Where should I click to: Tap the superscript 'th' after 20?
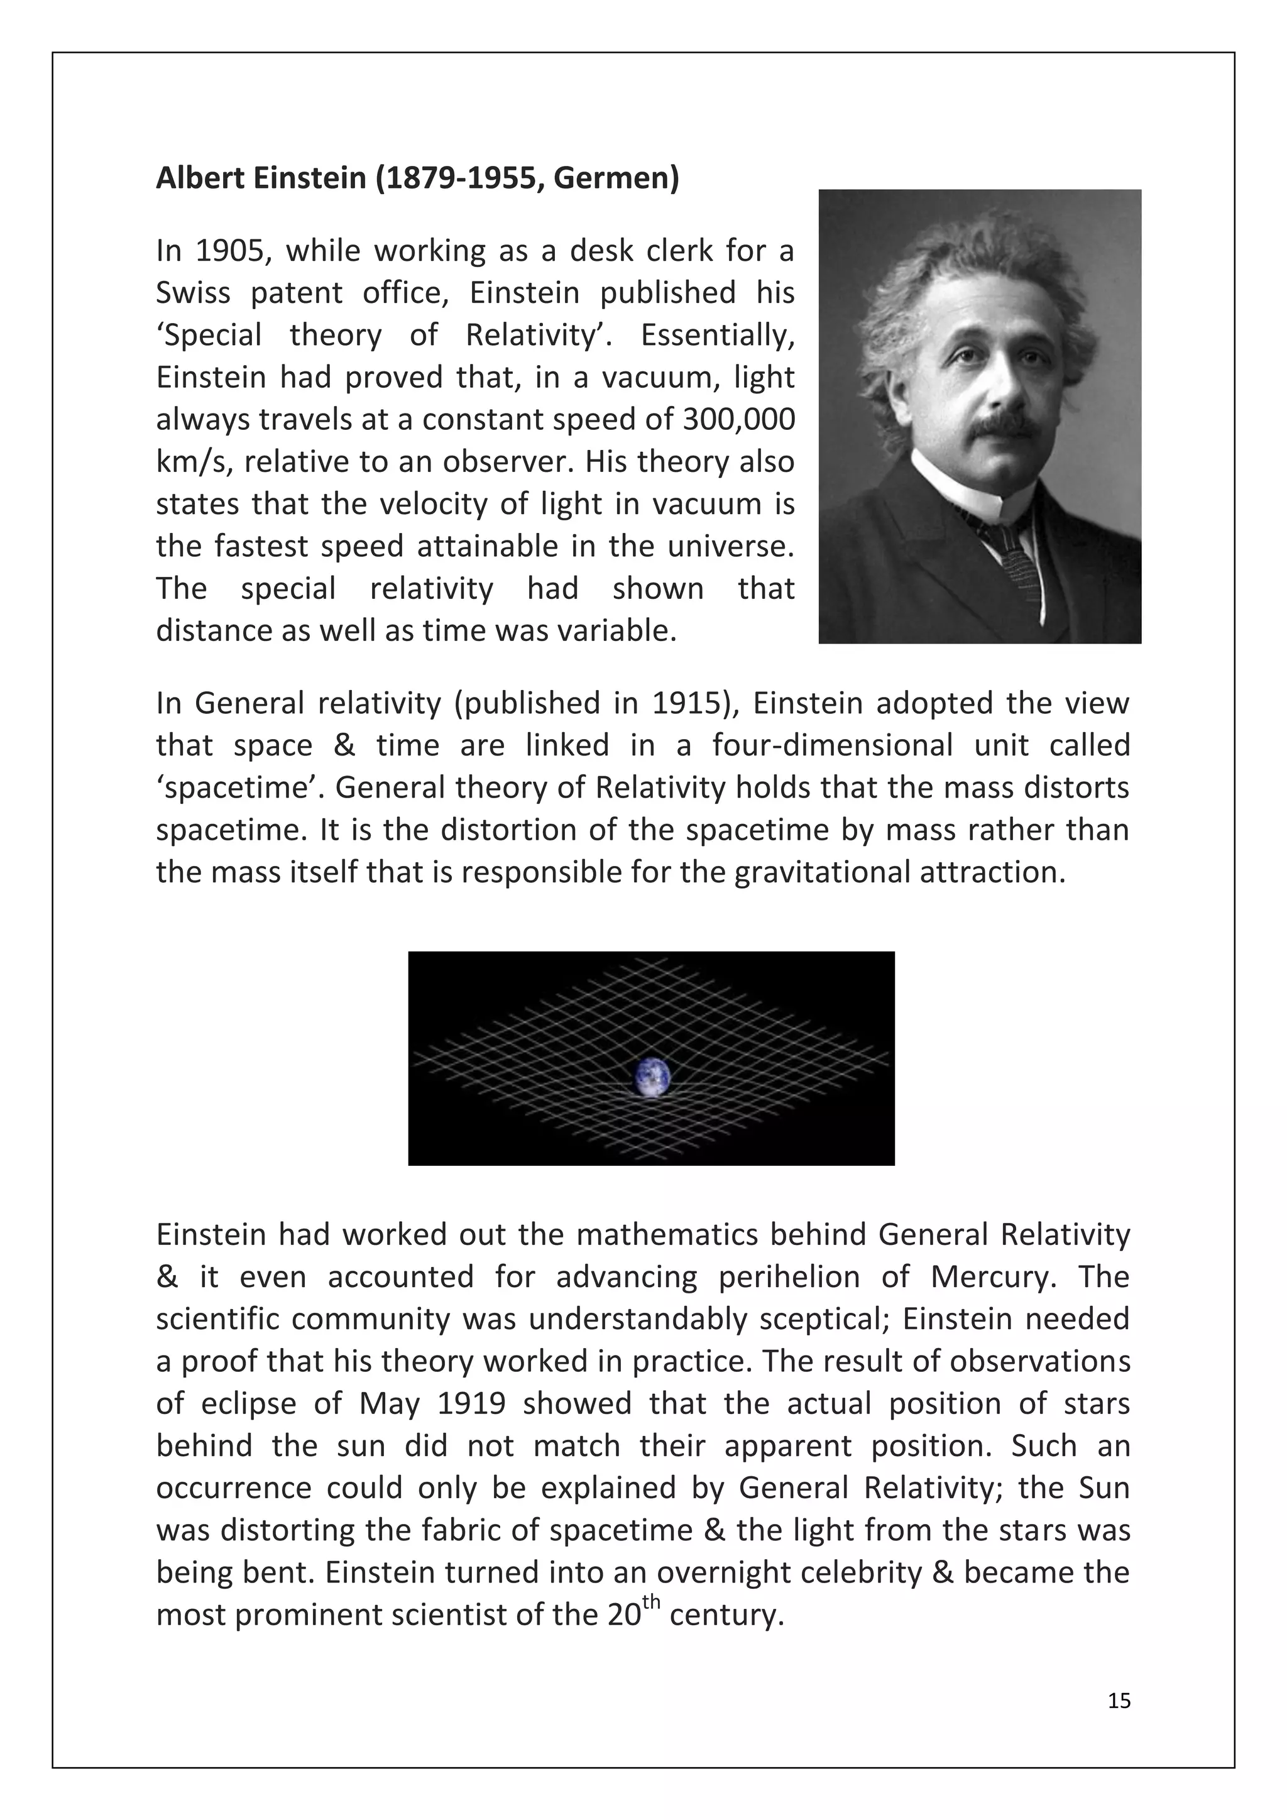coord(650,1602)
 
